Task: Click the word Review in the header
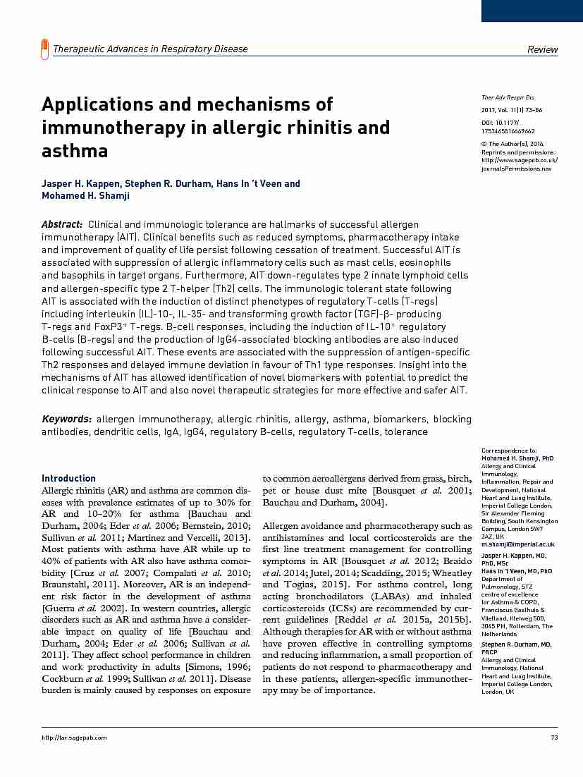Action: coord(543,49)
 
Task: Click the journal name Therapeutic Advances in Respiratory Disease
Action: coord(150,49)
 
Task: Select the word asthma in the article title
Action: coord(75,151)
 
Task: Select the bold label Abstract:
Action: coord(62,224)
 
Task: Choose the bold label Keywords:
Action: coord(66,419)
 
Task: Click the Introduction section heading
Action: coord(68,478)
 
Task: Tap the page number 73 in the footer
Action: coord(553,738)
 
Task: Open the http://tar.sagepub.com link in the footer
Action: coord(74,738)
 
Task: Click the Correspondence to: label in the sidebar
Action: coord(509,450)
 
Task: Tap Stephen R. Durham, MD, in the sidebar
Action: coord(516,645)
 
